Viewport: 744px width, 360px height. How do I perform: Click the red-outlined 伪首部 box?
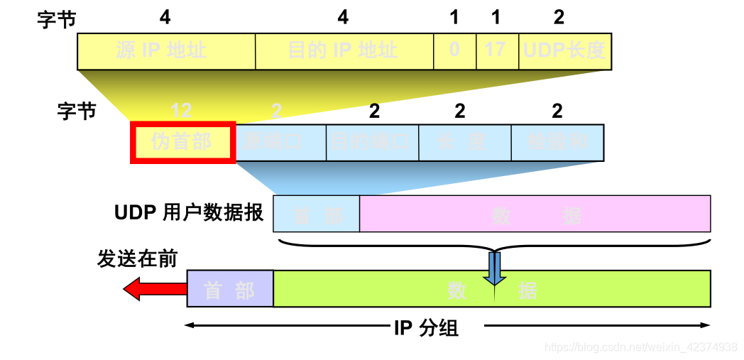[x=182, y=142]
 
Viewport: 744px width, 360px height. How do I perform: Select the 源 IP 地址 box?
[x=166, y=51]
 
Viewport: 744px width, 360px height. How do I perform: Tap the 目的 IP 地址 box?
[x=344, y=51]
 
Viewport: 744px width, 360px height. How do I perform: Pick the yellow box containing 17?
[x=497, y=51]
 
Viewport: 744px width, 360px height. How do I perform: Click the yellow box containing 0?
[x=454, y=51]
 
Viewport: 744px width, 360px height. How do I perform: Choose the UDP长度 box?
[x=565, y=51]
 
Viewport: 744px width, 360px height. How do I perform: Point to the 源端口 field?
[x=280, y=142]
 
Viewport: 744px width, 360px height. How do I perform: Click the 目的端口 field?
[x=372, y=142]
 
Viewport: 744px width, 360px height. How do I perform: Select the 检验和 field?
[x=557, y=142]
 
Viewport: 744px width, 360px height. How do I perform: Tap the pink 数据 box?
[x=535, y=214]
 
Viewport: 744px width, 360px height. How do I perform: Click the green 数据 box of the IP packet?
[x=491, y=289]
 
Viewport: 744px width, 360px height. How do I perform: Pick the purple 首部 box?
[x=229, y=289]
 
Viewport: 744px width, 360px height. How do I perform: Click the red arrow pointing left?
[x=153, y=289]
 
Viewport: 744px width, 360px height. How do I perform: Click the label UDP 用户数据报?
[x=189, y=213]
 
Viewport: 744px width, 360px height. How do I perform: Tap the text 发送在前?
[x=137, y=259]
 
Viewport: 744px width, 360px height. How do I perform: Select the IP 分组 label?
[x=426, y=328]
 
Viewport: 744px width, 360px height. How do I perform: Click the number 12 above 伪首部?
[x=181, y=111]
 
